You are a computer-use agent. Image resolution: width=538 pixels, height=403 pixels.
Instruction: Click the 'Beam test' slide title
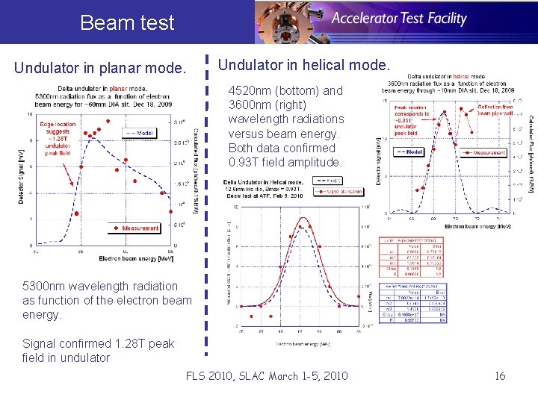pos(126,22)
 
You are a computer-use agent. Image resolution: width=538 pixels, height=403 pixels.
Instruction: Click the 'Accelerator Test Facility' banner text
pos(399,19)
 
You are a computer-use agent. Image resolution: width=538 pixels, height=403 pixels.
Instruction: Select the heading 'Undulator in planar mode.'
pos(100,69)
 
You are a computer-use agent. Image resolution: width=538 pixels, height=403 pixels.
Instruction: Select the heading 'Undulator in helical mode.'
pos(303,66)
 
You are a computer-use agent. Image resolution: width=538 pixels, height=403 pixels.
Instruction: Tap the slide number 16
pos(500,375)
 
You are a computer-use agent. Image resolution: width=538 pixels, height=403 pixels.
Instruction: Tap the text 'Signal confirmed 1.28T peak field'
pos(99,343)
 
